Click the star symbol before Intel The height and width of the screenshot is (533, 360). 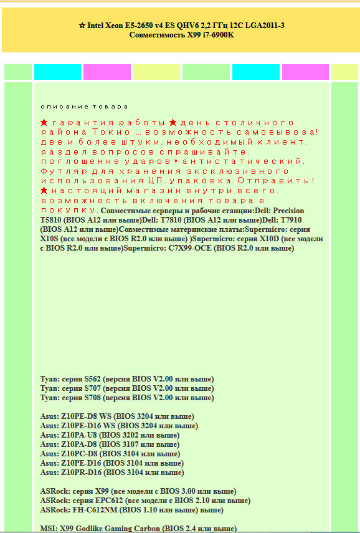[x=82, y=26]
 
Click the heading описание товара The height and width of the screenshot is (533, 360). [x=84, y=107]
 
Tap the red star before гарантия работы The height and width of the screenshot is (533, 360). [x=44, y=122]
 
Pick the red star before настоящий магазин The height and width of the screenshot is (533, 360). [x=44, y=190]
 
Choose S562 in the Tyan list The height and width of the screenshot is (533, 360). [x=87, y=379]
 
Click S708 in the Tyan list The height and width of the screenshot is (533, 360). [x=87, y=398]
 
